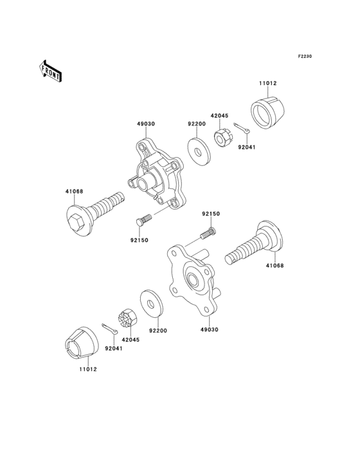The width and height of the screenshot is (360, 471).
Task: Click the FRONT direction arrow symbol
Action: (x=51, y=70)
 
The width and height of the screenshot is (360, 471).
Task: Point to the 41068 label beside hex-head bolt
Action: (x=73, y=191)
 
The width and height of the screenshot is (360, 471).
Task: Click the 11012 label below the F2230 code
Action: (x=268, y=84)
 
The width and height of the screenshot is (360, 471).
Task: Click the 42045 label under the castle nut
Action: (x=131, y=340)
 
